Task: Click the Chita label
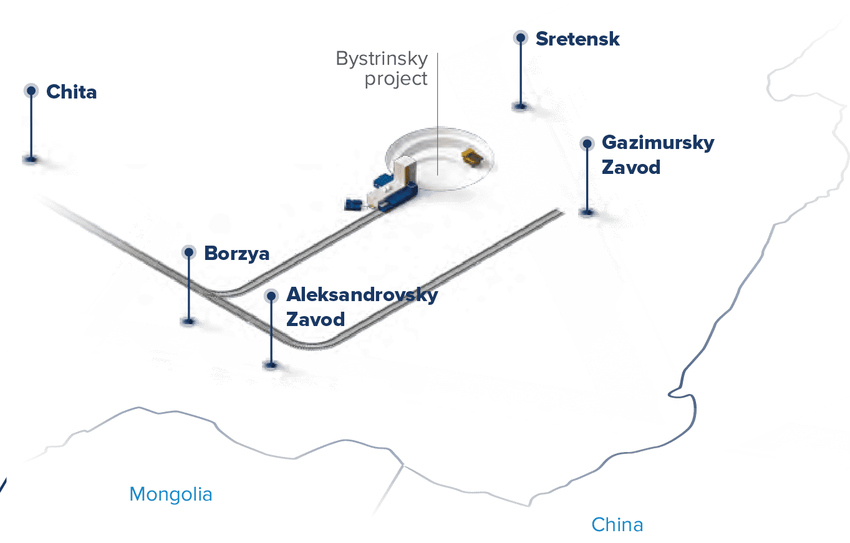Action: pos(72,92)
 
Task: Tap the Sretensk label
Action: pos(577,39)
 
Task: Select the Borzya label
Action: pos(237,254)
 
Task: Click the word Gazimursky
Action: pos(658,143)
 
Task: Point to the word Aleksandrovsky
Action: pos(362,294)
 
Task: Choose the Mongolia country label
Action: pos(171,494)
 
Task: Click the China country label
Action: pos(617,524)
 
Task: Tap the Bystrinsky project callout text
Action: pos(382,69)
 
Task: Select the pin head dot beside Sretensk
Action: pos(520,38)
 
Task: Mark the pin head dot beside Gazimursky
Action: pos(587,144)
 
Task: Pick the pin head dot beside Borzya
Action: pos(190,252)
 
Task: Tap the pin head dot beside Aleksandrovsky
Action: pos(271,296)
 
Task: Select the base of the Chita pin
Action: pos(31,159)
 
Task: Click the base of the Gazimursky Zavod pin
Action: pos(587,212)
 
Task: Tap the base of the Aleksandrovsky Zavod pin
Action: pos(271,365)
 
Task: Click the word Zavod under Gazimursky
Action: pos(630,167)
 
